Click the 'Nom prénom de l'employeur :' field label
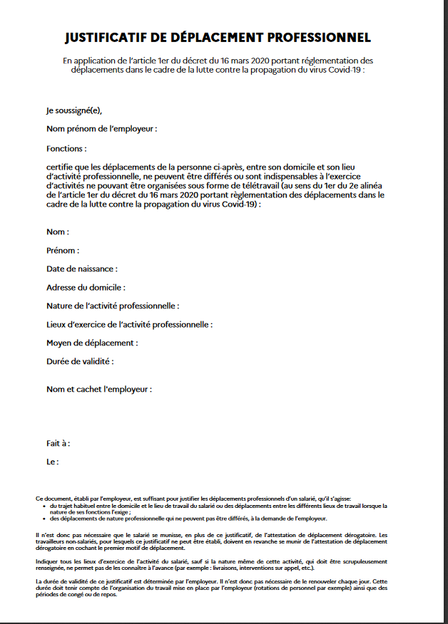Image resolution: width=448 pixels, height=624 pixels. click(x=101, y=129)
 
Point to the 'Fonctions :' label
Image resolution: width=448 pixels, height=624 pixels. click(x=66, y=149)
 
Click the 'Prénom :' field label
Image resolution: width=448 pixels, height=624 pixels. click(x=63, y=251)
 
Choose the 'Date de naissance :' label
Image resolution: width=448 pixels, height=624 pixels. click(x=82, y=269)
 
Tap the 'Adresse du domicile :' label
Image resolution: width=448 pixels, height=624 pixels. click(x=86, y=288)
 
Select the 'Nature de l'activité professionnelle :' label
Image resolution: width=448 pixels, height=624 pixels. click(x=113, y=306)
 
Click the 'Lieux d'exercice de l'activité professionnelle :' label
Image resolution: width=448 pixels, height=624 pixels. click(x=129, y=325)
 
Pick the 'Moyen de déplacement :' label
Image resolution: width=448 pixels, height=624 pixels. click(x=92, y=343)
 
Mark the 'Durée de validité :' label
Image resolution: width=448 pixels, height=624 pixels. click(x=80, y=362)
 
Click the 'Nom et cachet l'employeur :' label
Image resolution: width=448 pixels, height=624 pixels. click(x=99, y=390)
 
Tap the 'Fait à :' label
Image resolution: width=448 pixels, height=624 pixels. click(x=58, y=443)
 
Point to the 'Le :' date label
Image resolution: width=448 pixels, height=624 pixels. click(x=52, y=462)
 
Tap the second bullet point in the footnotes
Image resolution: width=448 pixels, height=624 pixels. click(x=44, y=519)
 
